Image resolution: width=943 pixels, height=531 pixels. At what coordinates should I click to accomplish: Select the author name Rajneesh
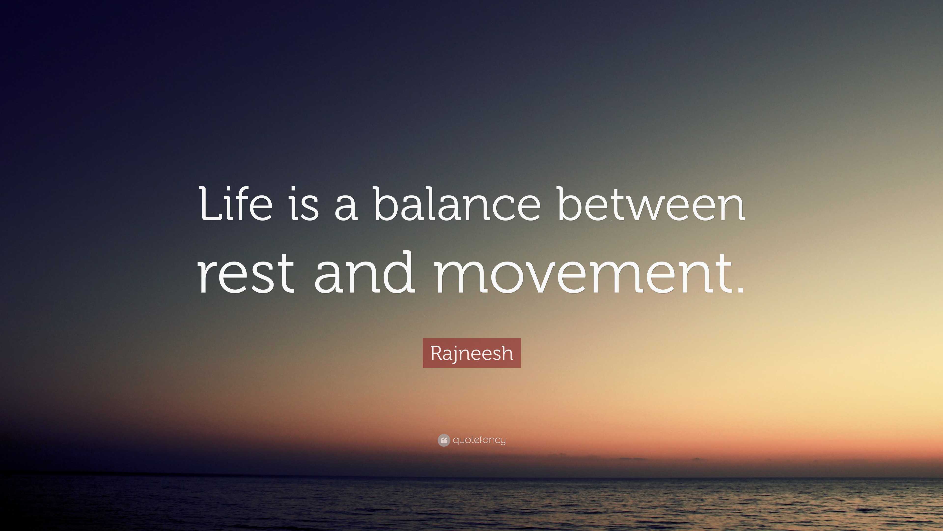coord(471,353)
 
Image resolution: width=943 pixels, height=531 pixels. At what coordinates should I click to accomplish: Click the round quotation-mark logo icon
coord(443,440)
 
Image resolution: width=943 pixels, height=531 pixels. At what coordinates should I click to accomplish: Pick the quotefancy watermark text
coord(479,440)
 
